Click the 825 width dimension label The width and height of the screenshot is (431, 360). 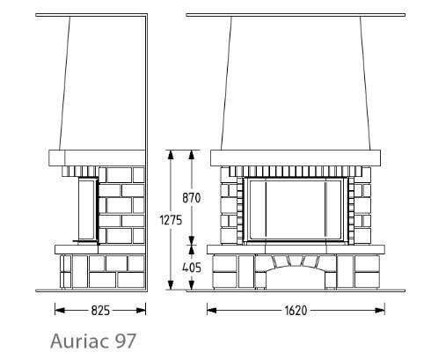pyautogui.click(x=100, y=311)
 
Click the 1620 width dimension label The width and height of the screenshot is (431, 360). pyautogui.click(x=296, y=311)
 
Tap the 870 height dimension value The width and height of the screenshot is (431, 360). pyautogui.click(x=192, y=198)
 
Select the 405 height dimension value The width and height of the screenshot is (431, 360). pyautogui.click(x=192, y=268)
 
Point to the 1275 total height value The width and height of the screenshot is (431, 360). pyautogui.click(x=171, y=220)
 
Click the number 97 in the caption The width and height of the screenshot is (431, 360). pyautogui.click(x=126, y=341)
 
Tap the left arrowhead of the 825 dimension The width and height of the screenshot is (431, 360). pyautogui.click(x=60, y=311)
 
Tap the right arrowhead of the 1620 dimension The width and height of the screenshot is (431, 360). pyautogui.click(x=380, y=311)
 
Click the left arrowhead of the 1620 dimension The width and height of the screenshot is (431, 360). pyautogui.click(x=212, y=311)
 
